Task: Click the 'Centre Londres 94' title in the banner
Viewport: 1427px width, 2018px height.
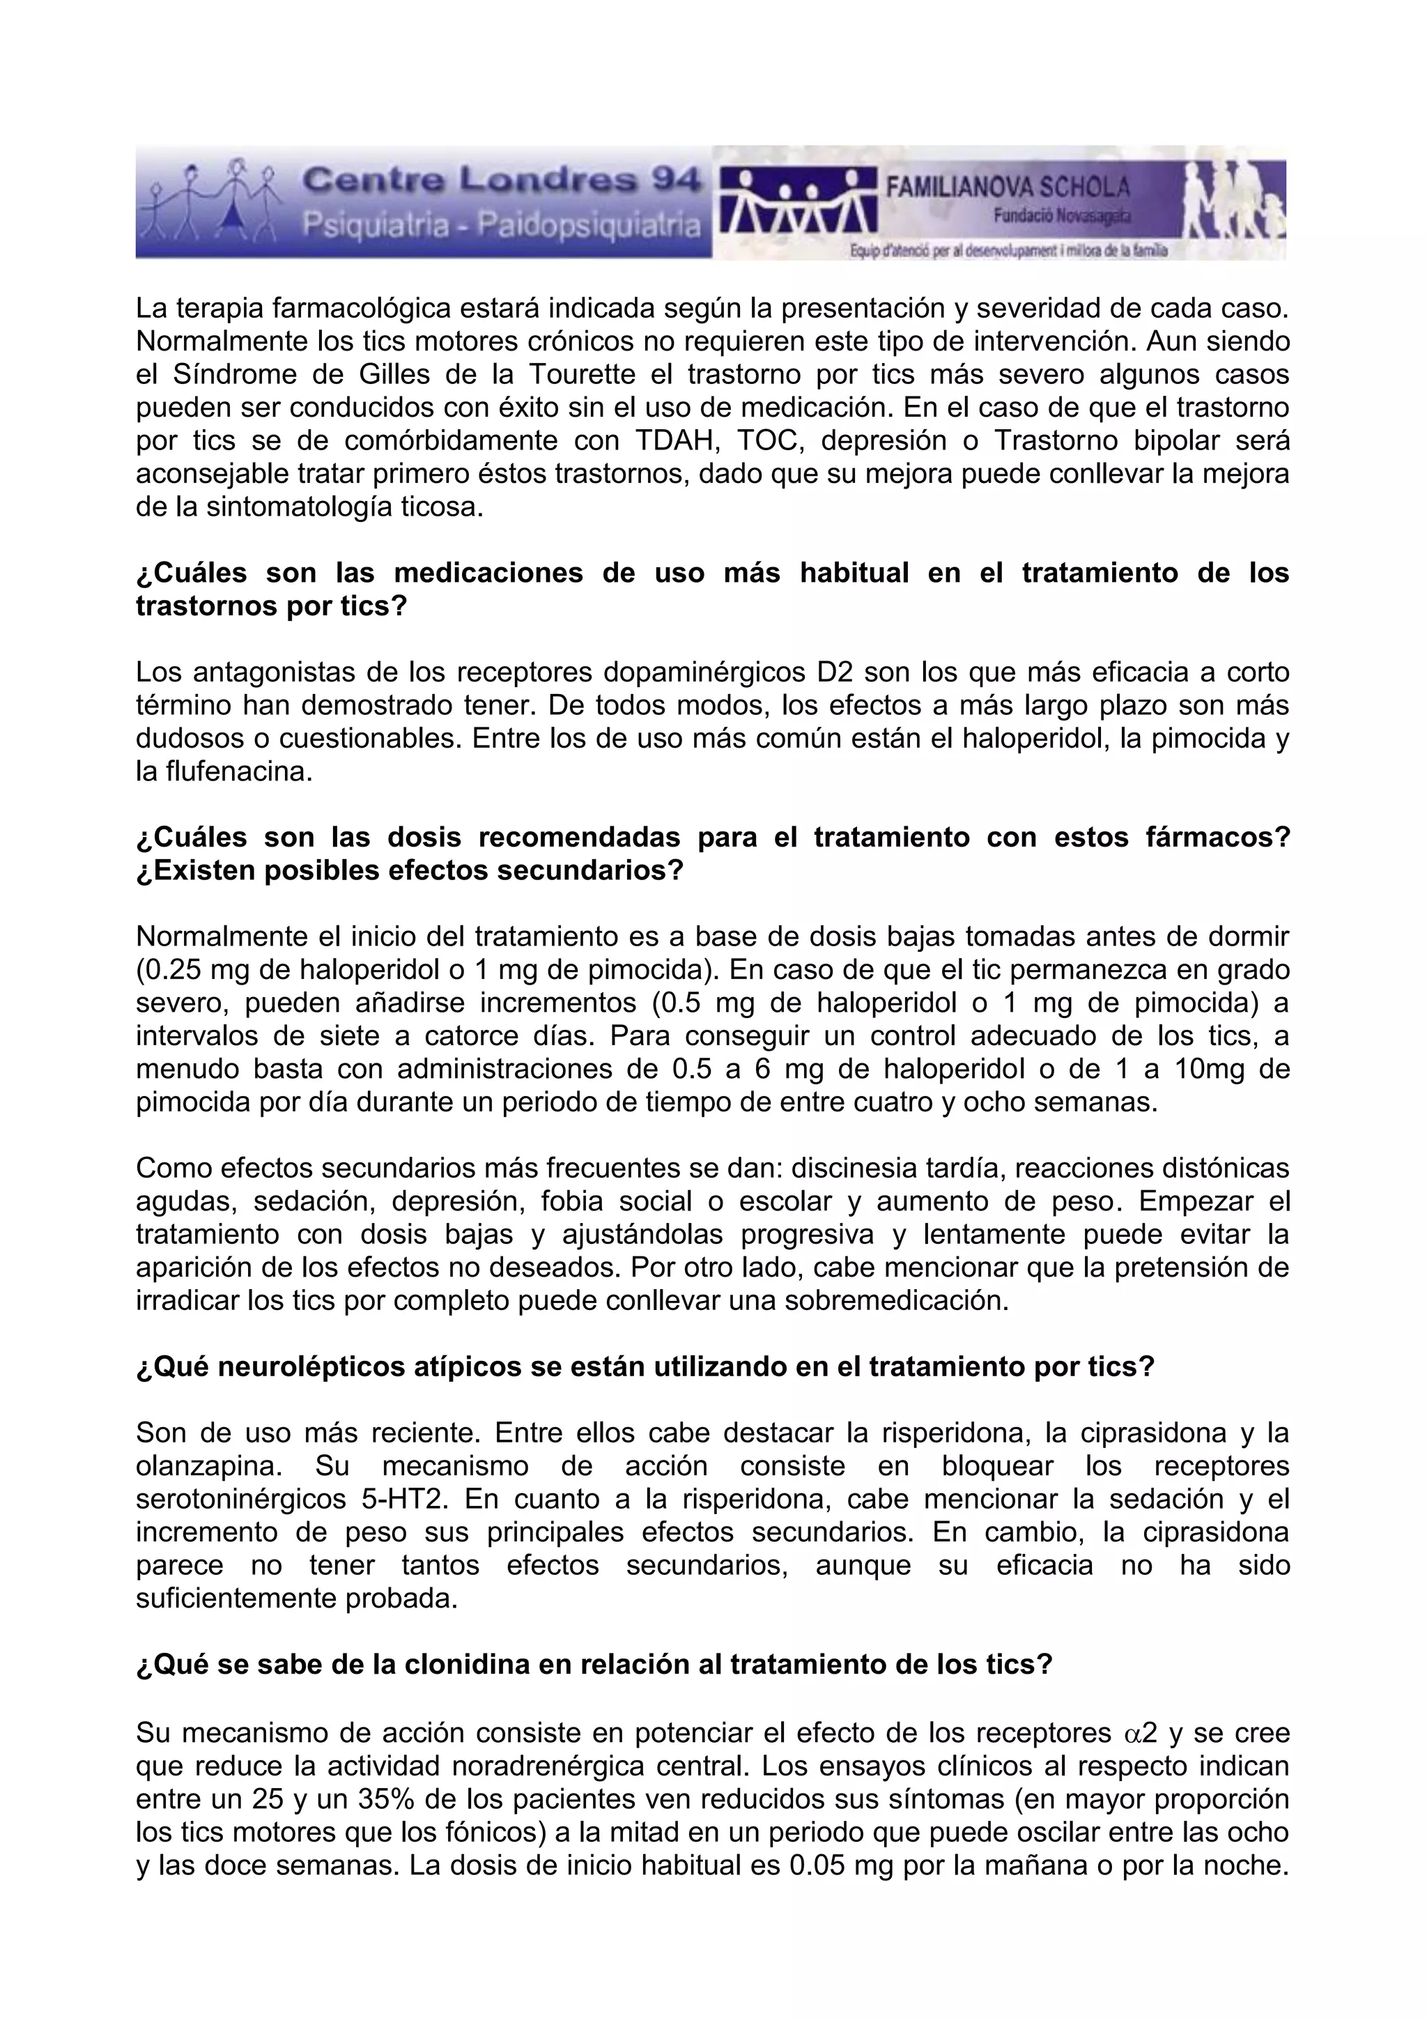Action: coord(502,182)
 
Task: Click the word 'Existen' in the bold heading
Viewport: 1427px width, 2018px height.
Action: coord(201,871)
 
